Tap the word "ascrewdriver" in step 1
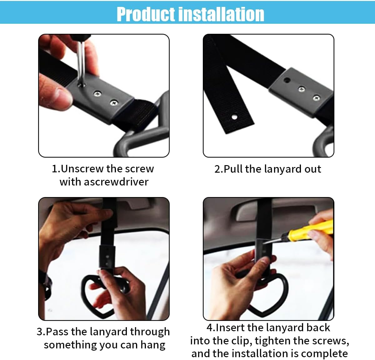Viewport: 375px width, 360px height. pyautogui.click(x=116, y=182)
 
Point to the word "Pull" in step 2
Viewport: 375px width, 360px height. pyautogui.click(x=233, y=169)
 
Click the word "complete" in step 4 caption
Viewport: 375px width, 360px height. pyautogui.click(x=324, y=354)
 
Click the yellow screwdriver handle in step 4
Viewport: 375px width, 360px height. pyautogui.click(x=312, y=231)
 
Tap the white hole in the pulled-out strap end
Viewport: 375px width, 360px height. pyautogui.click(x=234, y=117)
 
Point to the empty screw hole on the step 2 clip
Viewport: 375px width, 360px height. pyautogui.click(x=287, y=80)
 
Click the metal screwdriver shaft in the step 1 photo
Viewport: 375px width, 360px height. pyautogui.click(x=81, y=62)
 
